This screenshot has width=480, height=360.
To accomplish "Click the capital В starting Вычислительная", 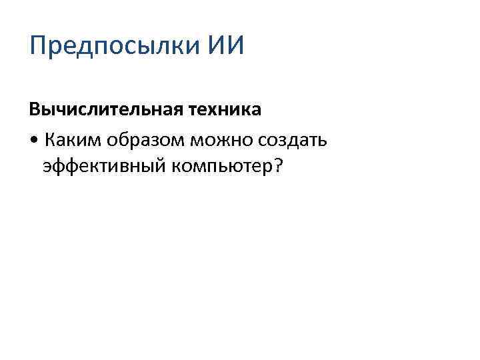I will coord(34,110).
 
